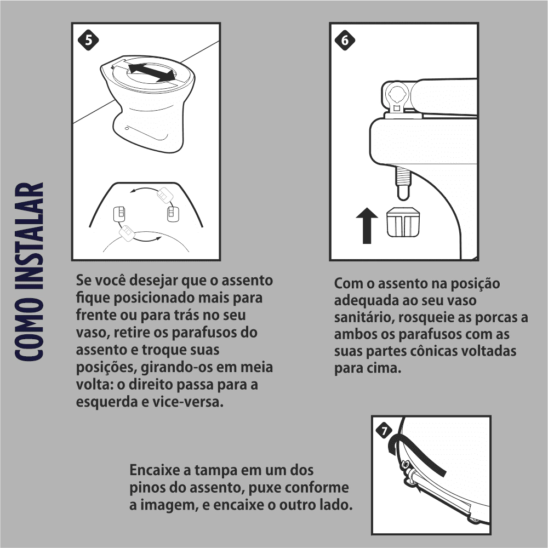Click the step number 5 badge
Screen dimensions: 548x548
tap(88, 40)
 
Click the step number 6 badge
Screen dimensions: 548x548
tap(345, 40)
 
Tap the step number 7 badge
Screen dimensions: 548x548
tap(384, 430)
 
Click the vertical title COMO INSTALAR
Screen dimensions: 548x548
tap(30, 272)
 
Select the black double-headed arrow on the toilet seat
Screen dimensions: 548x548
tap(151, 72)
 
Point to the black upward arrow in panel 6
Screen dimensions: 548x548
tap(367, 225)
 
